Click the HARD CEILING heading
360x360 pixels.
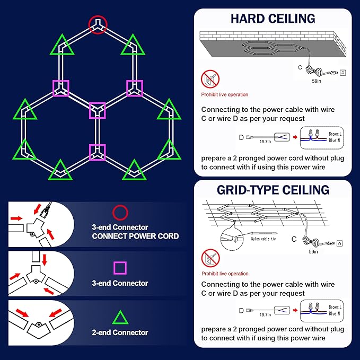pyautogui.click(x=273, y=19)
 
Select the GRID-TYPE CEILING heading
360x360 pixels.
pyautogui.click(x=273, y=190)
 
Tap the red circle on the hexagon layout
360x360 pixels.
pyautogui.click(x=98, y=24)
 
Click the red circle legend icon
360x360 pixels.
pyautogui.click(x=120, y=213)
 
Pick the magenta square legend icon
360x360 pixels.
pyautogui.click(x=120, y=268)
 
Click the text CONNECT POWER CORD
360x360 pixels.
pyautogui.click(x=135, y=236)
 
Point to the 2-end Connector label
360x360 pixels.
pyautogui.click(x=120, y=332)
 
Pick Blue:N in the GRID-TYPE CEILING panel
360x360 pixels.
pyautogui.click(x=333, y=314)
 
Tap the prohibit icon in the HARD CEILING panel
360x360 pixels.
pyautogui.click(x=210, y=80)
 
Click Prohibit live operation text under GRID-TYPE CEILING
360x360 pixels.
pyautogui.click(x=225, y=274)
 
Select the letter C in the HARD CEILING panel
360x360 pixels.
pyautogui.click(x=300, y=67)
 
